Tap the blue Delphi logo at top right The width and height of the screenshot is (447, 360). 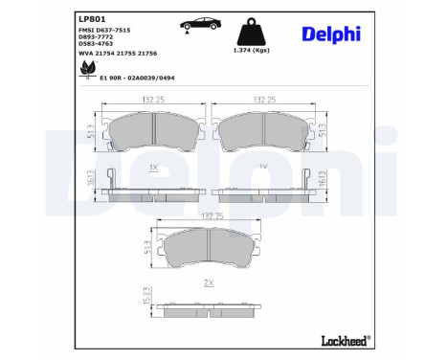coord(330,33)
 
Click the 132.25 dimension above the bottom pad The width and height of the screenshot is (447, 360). coord(208,217)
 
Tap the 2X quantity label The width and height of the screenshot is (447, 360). coord(208,284)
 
